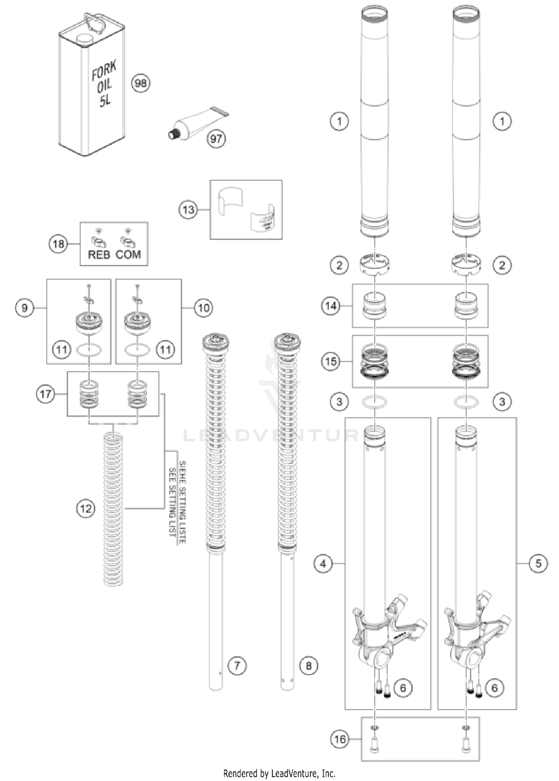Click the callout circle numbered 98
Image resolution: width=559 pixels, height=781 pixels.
click(140, 84)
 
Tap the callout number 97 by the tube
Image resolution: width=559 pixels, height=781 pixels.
click(216, 139)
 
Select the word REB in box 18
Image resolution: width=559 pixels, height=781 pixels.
click(99, 255)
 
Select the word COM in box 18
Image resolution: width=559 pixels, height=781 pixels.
click(128, 255)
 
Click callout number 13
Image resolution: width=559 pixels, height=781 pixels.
click(188, 210)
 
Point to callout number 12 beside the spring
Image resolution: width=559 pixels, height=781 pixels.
click(86, 508)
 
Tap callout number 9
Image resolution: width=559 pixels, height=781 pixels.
click(25, 308)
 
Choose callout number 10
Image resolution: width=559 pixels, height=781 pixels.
click(203, 308)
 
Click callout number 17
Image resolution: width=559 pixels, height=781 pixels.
click(45, 394)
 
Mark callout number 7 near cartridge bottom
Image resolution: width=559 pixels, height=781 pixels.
click(237, 665)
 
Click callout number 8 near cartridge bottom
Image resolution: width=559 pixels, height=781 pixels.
click(309, 665)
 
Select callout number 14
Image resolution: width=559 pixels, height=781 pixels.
click(331, 306)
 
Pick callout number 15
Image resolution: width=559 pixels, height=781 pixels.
click(331, 361)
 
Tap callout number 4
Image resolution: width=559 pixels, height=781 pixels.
click(323, 564)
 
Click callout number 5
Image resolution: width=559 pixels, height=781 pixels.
click(538, 564)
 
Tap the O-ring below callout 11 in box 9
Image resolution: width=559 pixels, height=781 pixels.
click(89, 350)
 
